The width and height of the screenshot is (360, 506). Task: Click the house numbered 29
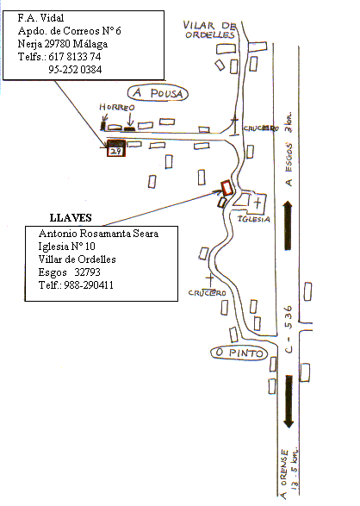[116, 148]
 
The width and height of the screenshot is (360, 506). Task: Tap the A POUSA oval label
[158, 93]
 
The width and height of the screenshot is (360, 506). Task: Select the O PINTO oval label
[239, 353]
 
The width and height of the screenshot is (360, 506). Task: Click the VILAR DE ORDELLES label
[209, 29]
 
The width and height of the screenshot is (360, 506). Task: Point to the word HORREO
[116, 107]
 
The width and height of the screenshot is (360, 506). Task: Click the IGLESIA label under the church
[254, 219]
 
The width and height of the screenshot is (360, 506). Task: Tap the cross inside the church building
[258, 203]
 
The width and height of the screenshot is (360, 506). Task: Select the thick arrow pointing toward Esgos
[289, 226]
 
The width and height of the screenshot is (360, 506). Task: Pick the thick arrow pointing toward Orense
[289, 402]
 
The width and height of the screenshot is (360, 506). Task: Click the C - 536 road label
[289, 329]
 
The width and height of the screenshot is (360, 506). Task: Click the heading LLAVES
[71, 218]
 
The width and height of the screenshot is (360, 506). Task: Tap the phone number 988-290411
[89, 285]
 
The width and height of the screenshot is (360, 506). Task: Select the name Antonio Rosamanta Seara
[98, 234]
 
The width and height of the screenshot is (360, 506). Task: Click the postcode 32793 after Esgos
[87, 272]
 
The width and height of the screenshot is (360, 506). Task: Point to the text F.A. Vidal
[40, 18]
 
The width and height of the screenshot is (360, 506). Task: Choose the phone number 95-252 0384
[75, 70]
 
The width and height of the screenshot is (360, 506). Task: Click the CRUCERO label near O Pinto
[208, 293]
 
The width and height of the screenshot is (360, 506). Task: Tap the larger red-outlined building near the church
[227, 188]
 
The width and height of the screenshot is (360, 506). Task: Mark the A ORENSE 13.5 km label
[289, 472]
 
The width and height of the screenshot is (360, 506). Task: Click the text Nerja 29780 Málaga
[63, 44]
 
